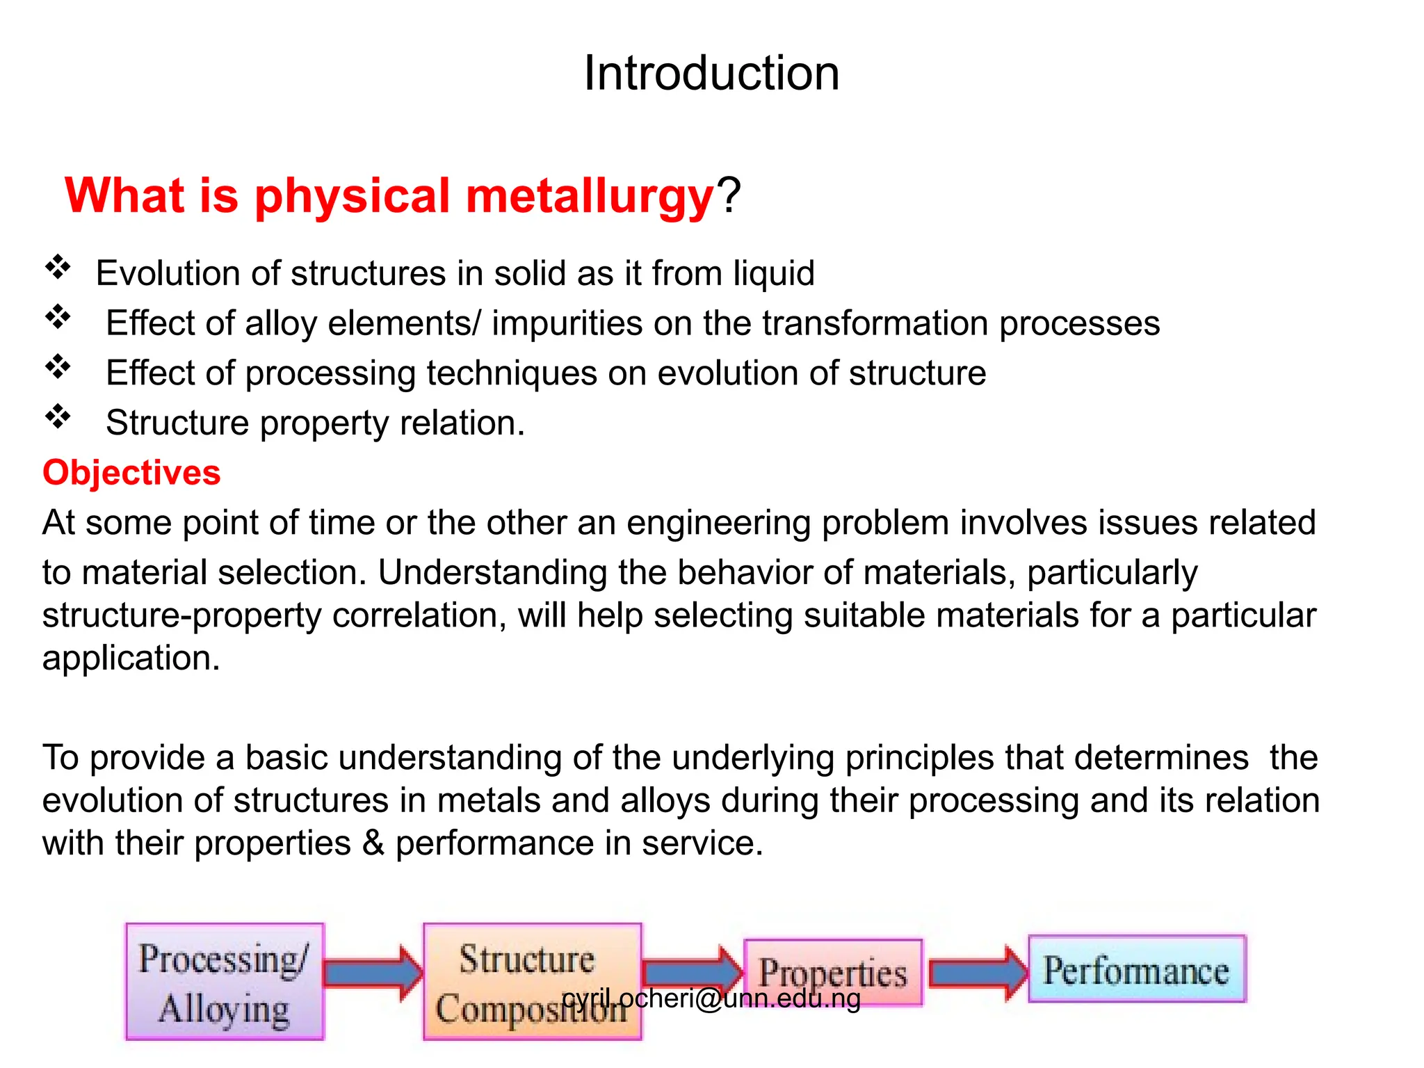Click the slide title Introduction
711,73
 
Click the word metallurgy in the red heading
590,196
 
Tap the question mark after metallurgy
729,196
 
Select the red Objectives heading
131,473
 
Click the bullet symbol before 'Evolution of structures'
58,267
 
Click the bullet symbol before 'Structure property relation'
58,417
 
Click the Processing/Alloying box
225,982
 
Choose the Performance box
1137,969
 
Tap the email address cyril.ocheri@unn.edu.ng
711,999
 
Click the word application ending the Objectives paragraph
130,658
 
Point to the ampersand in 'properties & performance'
373,843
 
